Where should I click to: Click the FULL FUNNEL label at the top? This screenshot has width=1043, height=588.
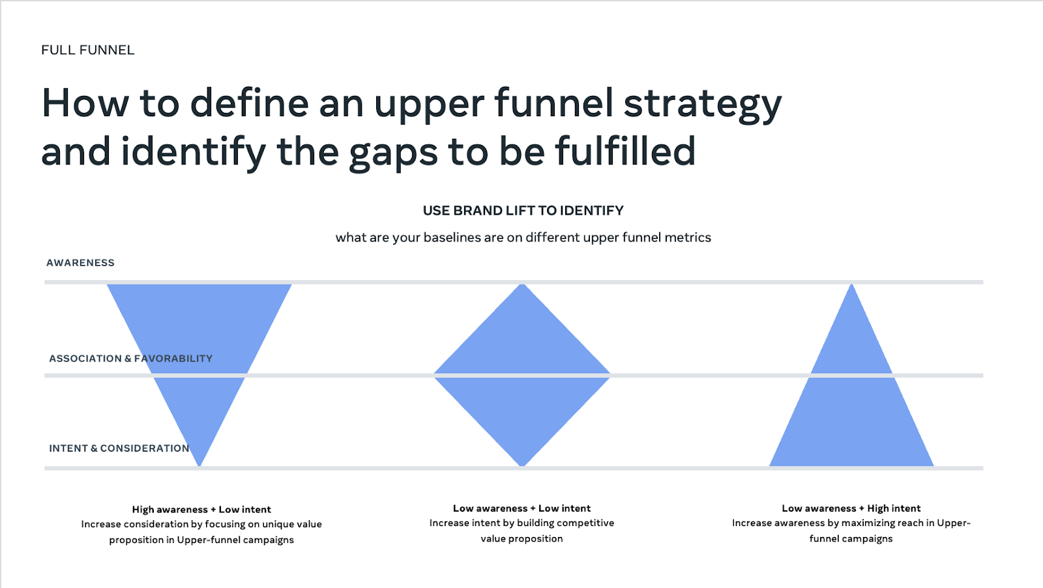[x=87, y=50]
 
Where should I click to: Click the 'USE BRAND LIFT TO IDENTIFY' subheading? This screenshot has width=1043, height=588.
[x=523, y=211]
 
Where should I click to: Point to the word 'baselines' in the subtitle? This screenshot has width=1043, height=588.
[x=452, y=238]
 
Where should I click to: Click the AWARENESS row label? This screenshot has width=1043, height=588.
[x=80, y=262]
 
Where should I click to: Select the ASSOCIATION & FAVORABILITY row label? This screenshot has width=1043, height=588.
[x=131, y=358]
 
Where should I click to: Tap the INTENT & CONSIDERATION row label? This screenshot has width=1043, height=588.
[x=119, y=448]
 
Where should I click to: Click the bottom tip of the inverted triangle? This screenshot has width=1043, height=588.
[x=199, y=466]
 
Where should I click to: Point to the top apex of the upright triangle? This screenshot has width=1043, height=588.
[x=851, y=284]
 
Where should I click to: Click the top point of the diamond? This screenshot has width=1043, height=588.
[x=522, y=284]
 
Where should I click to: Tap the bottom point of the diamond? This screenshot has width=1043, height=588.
[x=522, y=466]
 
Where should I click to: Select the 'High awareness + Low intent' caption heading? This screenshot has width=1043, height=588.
[x=201, y=509]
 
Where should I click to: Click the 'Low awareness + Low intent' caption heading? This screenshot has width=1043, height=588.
[x=521, y=508]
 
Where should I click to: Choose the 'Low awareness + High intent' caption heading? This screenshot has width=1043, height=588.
[x=851, y=508]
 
